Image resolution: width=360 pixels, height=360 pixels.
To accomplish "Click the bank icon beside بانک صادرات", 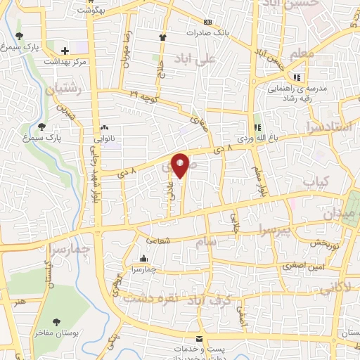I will [207, 22].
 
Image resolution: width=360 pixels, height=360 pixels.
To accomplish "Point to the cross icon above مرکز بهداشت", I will [65, 51].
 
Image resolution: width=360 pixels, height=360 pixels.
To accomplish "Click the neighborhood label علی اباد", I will [219, 62].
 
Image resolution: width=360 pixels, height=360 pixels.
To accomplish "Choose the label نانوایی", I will [105, 139].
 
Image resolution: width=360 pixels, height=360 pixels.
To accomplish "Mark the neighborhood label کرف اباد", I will [202, 299].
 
